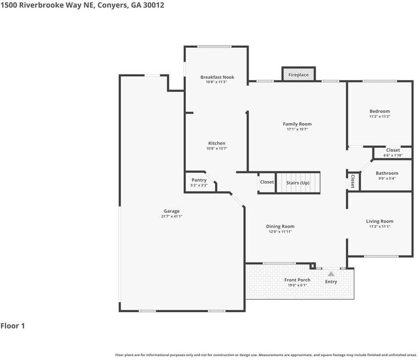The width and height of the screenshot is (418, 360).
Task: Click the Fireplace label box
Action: (x=299, y=74)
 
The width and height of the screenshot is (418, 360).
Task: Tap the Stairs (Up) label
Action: (x=298, y=182)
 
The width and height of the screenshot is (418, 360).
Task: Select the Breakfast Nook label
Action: (x=217, y=77)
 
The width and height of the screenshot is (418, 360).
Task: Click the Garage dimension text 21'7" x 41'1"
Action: (x=172, y=217)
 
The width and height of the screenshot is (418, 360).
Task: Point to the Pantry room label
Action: (x=199, y=180)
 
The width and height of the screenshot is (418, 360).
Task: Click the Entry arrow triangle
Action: (x=331, y=273)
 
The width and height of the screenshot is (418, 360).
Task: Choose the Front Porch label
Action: (x=297, y=280)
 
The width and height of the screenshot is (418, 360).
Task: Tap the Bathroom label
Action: (x=387, y=173)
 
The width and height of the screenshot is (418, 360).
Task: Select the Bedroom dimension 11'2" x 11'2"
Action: (x=380, y=117)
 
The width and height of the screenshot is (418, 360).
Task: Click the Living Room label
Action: (x=380, y=221)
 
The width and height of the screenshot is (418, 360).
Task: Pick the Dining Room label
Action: (x=280, y=226)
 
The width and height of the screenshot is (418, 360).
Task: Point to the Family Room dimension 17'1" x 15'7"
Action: (x=297, y=129)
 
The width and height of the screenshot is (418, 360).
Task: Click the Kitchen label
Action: (x=216, y=143)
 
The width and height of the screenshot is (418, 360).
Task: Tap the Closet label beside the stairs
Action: (x=267, y=182)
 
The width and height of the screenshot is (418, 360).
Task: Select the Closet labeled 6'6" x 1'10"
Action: (x=393, y=155)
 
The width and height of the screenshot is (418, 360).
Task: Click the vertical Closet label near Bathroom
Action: (x=353, y=181)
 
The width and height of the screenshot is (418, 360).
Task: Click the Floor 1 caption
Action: (x=13, y=326)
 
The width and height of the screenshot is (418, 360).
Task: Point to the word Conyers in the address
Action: (x=112, y=5)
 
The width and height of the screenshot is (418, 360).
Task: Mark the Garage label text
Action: (x=172, y=211)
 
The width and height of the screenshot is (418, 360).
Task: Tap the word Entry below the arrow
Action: (x=331, y=282)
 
